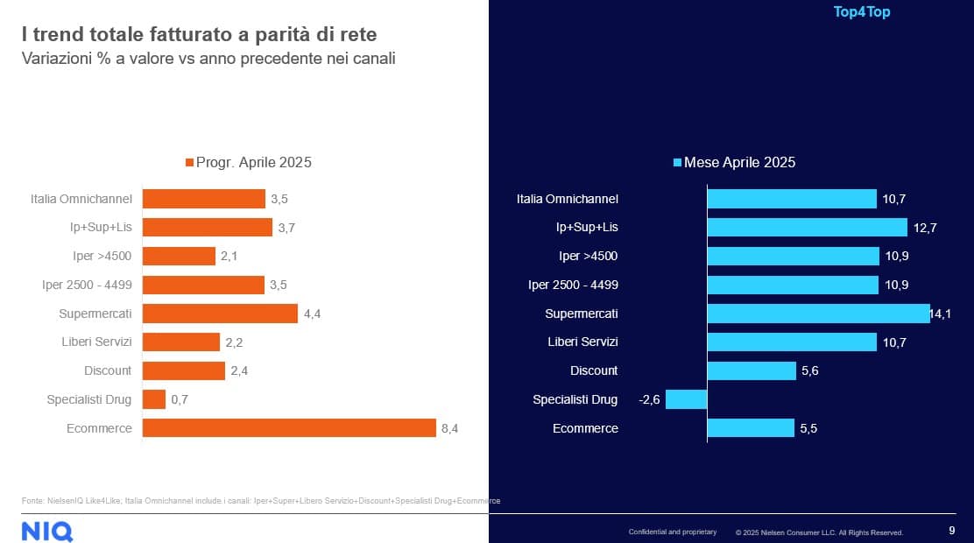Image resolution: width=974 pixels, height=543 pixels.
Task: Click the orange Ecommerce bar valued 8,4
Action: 289,428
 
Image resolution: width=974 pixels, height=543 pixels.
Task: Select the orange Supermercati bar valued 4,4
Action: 220,314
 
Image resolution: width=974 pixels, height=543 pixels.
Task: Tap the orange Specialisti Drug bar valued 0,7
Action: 154,399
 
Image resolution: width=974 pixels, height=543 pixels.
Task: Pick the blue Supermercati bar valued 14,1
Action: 818,314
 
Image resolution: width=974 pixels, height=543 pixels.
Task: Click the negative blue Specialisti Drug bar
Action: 686,399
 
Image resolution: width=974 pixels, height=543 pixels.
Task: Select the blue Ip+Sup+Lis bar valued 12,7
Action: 807,228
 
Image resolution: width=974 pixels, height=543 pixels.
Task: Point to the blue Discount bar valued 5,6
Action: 752,370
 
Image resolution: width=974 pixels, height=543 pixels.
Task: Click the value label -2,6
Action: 649,399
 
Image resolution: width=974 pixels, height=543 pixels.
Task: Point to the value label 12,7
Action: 923,228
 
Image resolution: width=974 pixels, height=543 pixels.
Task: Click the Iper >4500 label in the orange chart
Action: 102,257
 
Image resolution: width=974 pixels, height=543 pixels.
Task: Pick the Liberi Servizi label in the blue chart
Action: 582,342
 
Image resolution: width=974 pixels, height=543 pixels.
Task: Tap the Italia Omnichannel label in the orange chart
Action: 80,199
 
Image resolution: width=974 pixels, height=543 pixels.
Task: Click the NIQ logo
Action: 47,530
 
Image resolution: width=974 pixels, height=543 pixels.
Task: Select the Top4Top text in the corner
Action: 862,12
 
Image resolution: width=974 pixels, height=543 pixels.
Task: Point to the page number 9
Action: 952,530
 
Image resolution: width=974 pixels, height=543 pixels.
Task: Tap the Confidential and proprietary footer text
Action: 672,532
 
